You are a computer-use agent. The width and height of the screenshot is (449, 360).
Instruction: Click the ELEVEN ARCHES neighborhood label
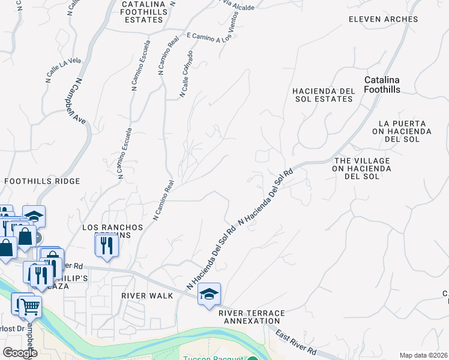[384, 19]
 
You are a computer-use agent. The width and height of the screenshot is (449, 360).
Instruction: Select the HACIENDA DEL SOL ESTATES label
[324, 95]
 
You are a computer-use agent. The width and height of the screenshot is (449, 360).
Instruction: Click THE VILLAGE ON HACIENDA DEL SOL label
[362, 169]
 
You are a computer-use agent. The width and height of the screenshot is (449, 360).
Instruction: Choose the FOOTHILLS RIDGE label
[42, 181]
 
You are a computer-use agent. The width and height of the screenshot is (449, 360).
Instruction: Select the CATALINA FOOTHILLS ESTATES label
[142, 12]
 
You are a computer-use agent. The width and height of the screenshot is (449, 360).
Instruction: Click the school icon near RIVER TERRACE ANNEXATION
[209, 294]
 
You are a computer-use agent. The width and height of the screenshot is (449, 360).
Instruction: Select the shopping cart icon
[29, 307]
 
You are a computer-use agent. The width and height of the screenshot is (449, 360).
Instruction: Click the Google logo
[20, 353]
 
